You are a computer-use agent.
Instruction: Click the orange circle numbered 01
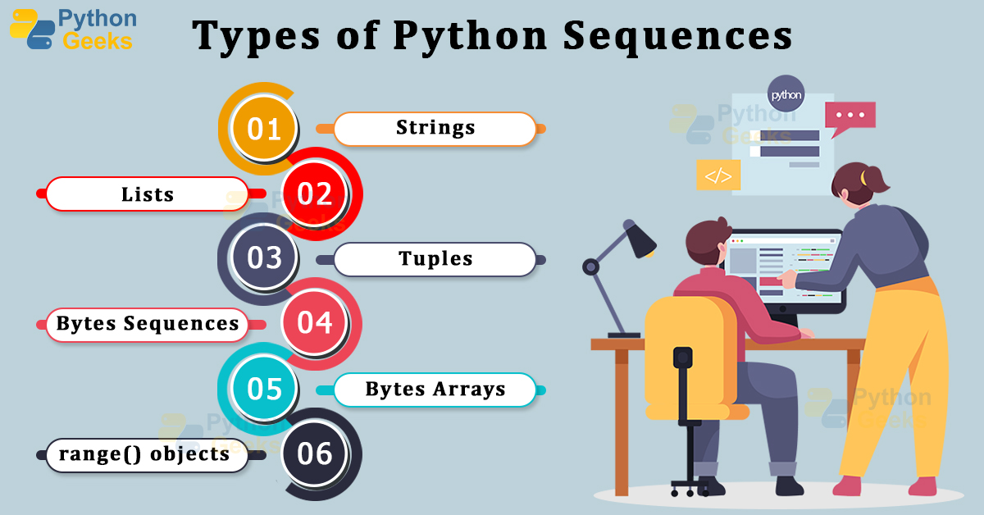(264, 129)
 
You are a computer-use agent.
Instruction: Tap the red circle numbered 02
(315, 194)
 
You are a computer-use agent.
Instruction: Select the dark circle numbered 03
(264, 258)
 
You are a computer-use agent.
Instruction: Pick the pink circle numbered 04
(315, 323)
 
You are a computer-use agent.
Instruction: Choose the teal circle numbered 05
(264, 388)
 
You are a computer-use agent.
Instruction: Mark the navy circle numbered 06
(315, 453)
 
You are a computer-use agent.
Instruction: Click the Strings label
(435, 129)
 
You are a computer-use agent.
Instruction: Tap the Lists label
(148, 194)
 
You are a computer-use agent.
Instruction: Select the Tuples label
(435, 259)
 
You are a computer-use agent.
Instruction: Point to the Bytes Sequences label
(148, 324)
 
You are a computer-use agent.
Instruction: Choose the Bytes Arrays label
(435, 389)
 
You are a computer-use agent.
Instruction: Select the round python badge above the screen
(785, 94)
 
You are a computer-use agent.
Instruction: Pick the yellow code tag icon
(717, 175)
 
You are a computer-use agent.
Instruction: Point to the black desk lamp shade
(639, 239)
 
